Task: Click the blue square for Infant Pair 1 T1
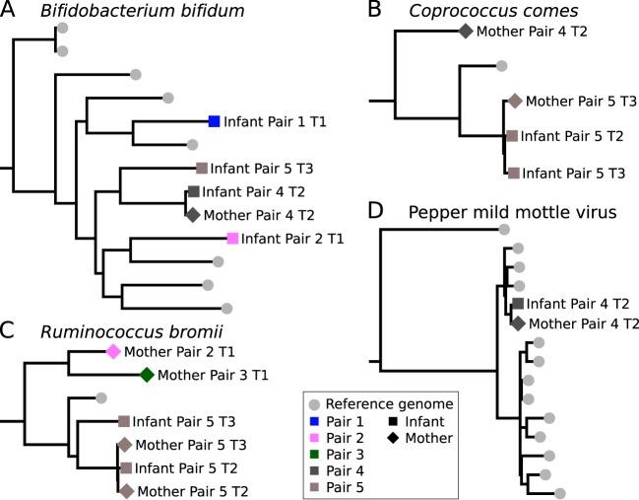pyautogui.click(x=214, y=121)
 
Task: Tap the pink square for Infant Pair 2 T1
pyautogui.click(x=232, y=238)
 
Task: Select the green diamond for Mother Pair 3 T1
pyautogui.click(x=147, y=374)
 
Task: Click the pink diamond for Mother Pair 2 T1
pyautogui.click(x=113, y=351)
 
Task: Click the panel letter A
pyautogui.click(x=11, y=13)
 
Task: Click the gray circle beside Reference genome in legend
pyautogui.click(x=313, y=402)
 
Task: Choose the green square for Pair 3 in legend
pyautogui.click(x=313, y=455)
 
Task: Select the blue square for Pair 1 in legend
pyautogui.click(x=313, y=420)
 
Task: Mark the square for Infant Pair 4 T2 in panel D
pyautogui.click(x=517, y=303)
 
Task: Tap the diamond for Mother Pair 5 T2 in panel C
pyautogui.click(x=126, y=490)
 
